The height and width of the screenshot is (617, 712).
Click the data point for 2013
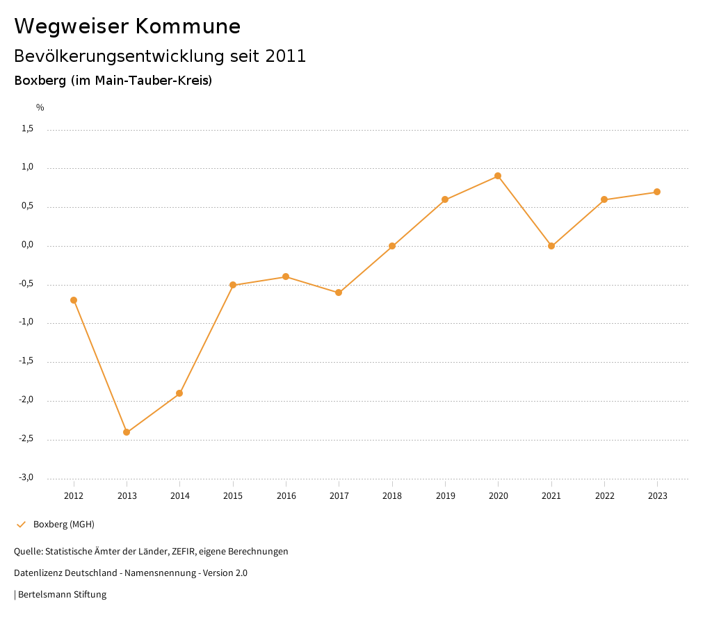[x=127, y=432]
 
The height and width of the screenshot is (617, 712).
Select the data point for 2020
[x=498, y=176]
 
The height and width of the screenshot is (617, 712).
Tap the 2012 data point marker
[x=74, y=300]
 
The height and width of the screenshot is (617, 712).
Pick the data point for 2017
[x=339, y=293]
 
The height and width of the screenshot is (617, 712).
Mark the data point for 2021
[x=551, y=246]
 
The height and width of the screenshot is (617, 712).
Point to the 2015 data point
[x=233, y=285]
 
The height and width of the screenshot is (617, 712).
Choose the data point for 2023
[x=657, y=192]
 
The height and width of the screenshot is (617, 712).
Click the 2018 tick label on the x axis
[x=392, y=496]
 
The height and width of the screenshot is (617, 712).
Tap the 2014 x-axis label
[x=180, y=496]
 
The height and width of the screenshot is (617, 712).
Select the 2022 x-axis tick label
[x=604, y=496]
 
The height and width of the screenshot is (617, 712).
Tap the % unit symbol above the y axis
[x=40, y=108]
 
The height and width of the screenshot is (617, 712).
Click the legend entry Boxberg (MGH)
[x=63, y=525]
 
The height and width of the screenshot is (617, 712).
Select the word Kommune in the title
[x=188, y=26]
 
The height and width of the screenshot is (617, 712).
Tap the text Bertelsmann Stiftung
[x=62, y=595]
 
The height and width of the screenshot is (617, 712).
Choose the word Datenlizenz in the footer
[x=37, y=573]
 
